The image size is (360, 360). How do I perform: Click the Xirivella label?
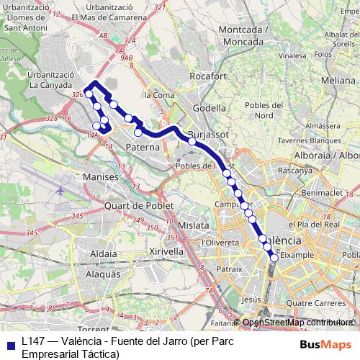[x=166, y=251]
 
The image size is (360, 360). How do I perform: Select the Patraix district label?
[x=230, y=269]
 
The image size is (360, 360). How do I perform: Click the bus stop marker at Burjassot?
[x=192, y=141]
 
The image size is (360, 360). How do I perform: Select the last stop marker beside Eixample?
[x=274, y=257]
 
